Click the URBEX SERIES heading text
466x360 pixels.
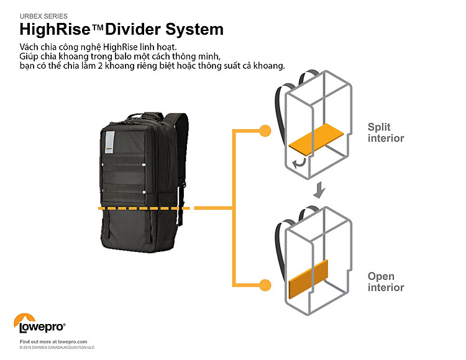(x=44, y=16)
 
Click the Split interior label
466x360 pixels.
(x=385, y=132)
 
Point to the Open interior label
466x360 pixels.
(x=385, y=282)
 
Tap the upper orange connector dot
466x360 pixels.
(x=265, y=131)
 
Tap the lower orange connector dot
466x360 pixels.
(x=265, y=285)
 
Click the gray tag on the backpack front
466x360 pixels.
(x=109, y=141)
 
